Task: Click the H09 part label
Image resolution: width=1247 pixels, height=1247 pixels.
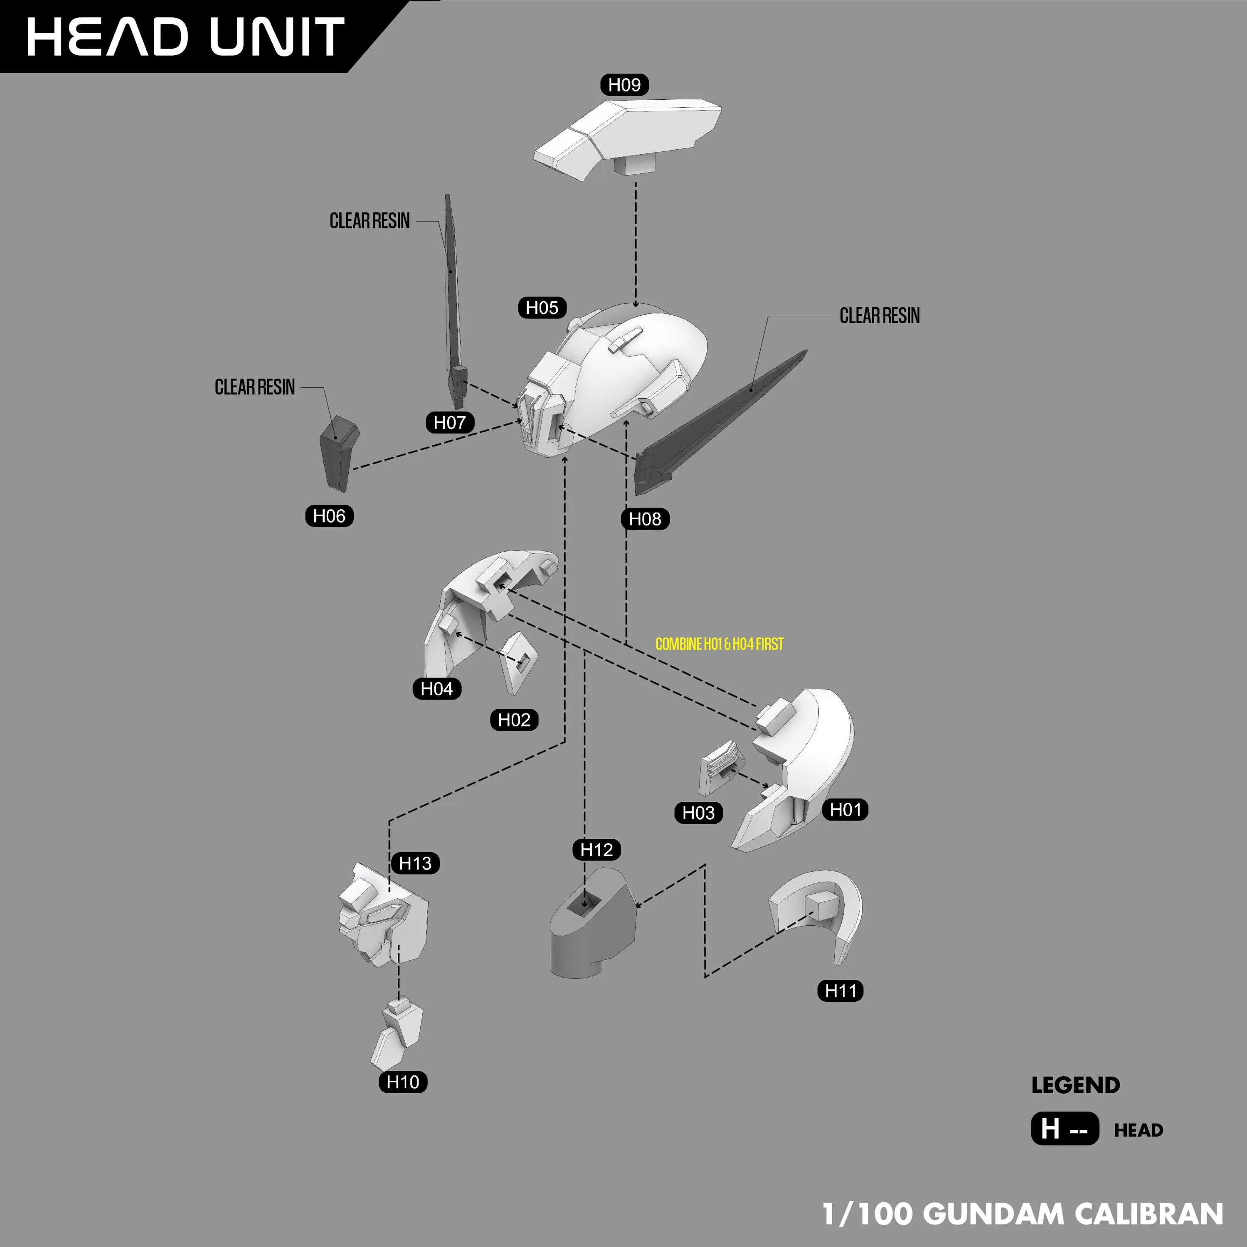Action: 624,84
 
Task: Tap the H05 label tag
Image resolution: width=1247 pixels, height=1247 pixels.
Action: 542,307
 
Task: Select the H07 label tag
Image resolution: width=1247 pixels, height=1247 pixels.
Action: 450,422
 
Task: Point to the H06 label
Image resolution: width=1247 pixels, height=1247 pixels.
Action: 329,516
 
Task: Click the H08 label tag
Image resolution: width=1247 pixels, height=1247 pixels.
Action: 645,519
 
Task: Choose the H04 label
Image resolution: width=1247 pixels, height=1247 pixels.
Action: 437,689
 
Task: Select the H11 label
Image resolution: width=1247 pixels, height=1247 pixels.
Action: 840,991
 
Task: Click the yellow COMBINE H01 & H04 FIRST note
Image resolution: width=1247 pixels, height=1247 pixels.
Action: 719,644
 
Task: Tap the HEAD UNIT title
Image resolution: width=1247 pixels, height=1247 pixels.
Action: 185,37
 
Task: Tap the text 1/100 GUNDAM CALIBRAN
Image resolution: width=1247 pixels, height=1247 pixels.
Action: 1023,1214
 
